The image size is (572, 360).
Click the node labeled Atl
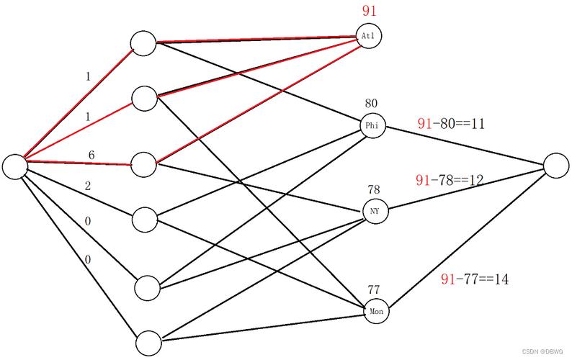click(x=368, y=36)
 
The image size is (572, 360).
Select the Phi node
click(x=372, y=126)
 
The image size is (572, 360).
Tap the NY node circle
click(x=375, y=211)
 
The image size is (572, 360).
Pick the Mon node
click(x=377, y=311)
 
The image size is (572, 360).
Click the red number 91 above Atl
click(x=369, y=11)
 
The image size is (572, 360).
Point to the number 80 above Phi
click(x=371, y=103)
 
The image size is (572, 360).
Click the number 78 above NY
click(x=374, y=189)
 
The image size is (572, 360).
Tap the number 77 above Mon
click(x=374, y=289)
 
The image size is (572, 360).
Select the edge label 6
click(x=91, y=155)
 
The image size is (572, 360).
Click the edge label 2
click(x=88, y=186)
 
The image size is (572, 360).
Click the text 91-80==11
click(x=451, y=124)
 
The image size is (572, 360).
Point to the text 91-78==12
click(x=450, y=180)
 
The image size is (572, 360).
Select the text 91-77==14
click(x=475, y=279)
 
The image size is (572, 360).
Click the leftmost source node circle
click(x=15, y=167)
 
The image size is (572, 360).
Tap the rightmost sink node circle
click(x=556, y=166)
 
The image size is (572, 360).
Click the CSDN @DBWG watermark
click(x=542, y=351)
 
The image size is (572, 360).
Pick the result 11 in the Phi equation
click(x=478, y=124)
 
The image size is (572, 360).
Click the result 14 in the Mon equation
click(x=501, y=279)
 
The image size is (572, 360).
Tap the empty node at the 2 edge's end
click(x=145, y=220)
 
